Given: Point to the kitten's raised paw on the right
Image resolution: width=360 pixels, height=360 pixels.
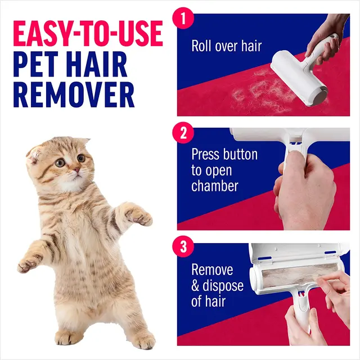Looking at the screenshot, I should coord(138,216).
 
